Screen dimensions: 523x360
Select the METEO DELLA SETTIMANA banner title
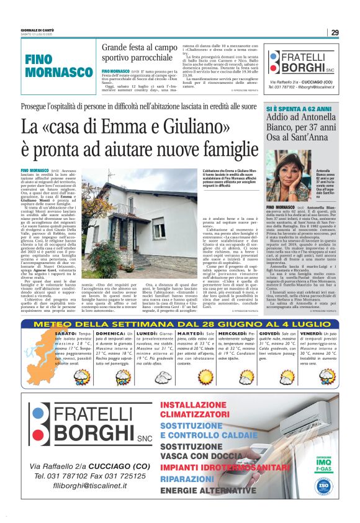180,324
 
